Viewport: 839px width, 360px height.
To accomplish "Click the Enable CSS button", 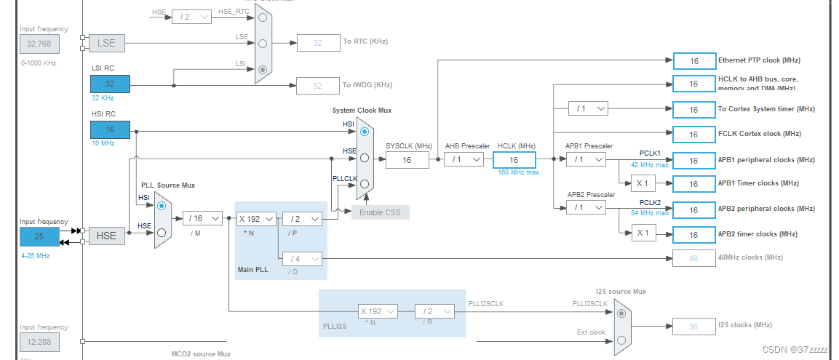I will point(381,212).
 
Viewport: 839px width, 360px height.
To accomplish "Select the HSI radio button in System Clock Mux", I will point(365,130).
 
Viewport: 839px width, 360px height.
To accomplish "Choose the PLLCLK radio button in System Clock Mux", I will point(365,183).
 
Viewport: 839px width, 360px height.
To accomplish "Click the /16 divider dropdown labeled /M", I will point(202,218).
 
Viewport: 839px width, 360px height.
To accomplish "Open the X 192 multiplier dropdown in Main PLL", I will point(256,218).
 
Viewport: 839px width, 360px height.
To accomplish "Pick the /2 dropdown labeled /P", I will point(301,218).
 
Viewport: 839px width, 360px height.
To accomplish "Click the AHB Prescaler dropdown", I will point(464,159).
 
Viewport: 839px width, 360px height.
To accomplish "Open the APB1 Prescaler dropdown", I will point(586,159).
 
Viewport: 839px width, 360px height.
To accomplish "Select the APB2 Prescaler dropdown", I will point(586,208).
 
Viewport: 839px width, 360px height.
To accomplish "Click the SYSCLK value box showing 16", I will point(407,160).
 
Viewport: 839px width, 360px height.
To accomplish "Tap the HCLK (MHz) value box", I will point(514,160).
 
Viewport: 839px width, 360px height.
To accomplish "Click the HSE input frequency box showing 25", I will point(39,236).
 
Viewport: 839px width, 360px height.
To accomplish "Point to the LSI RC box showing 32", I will point(110,84).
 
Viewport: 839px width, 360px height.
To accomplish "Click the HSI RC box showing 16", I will point(110,130).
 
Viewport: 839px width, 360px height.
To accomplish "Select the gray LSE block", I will point(106,44).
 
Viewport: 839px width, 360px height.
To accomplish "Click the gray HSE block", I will point(106,236).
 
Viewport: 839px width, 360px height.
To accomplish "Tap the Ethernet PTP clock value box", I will point(693,61).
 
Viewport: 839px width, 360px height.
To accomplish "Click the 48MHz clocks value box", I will point(693,257).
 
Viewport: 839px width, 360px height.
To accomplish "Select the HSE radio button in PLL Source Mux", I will point(162,233).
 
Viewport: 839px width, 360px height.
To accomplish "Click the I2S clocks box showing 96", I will point(693,325).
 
